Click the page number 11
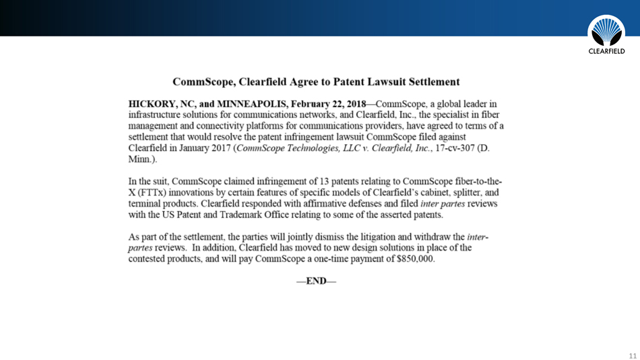pyautogui.click(x=632, y=355)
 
